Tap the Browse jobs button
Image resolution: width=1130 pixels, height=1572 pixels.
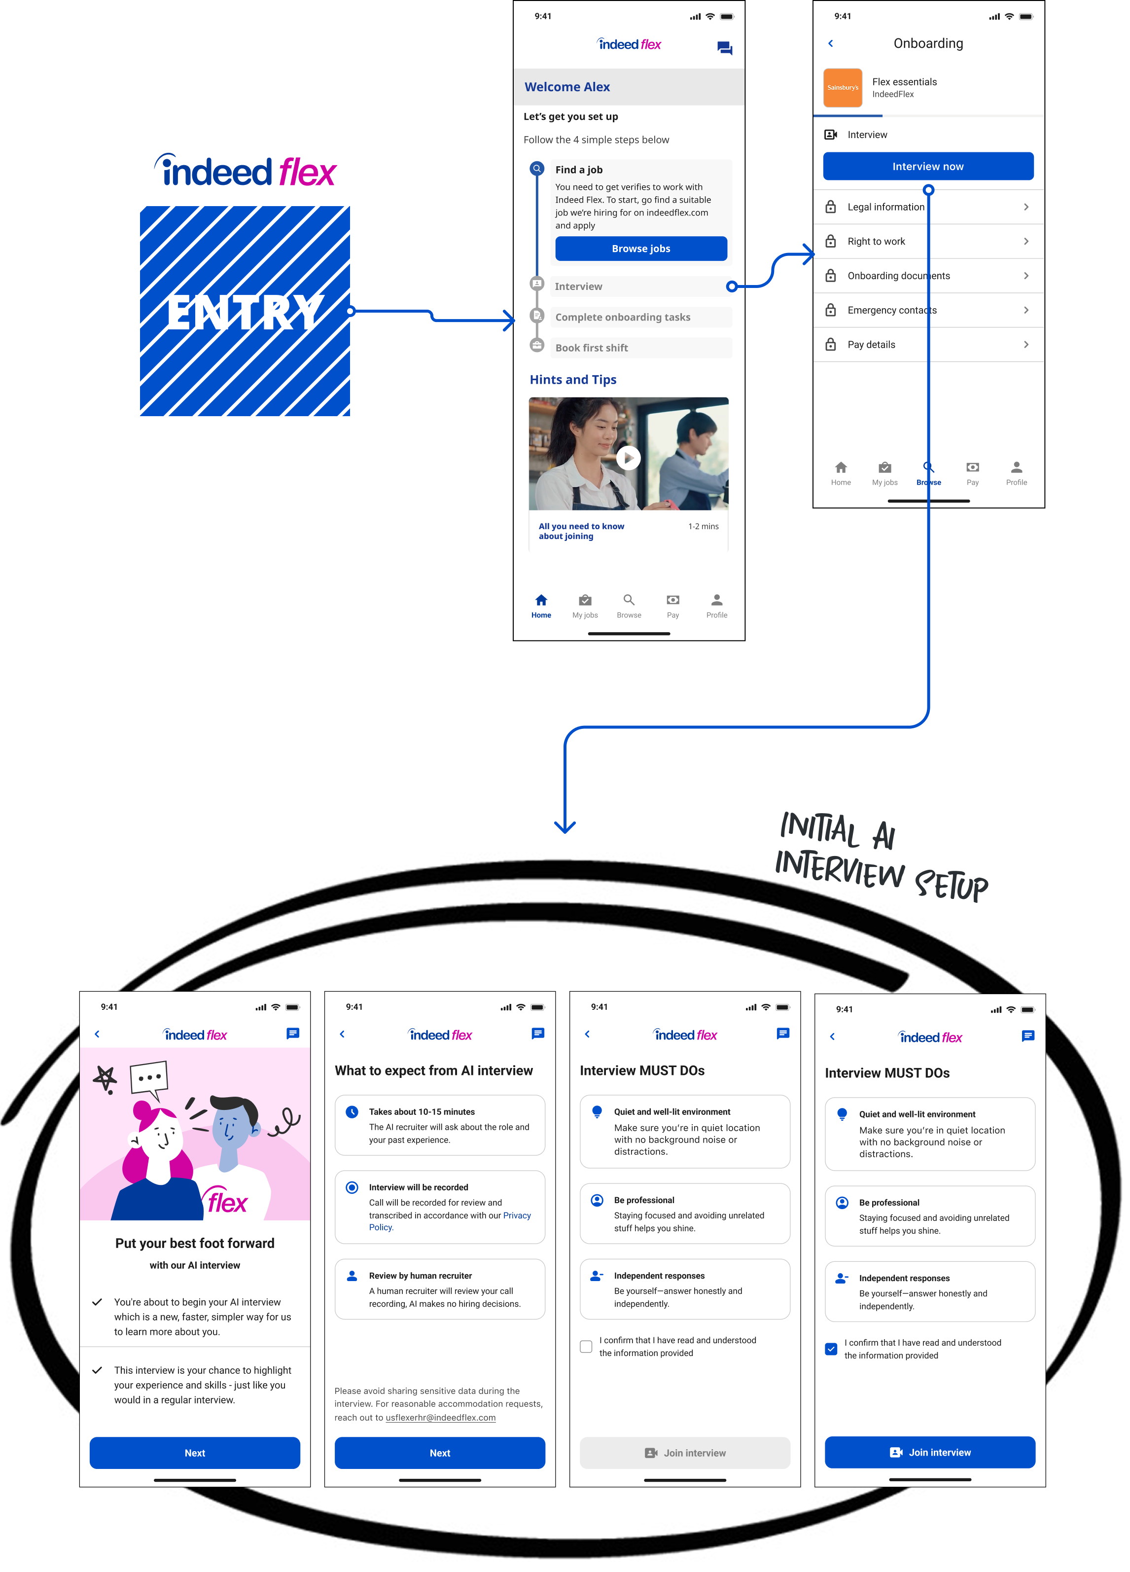pyautogui.click(x=641, y=249)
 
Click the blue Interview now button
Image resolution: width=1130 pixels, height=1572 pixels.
pyautogui.click(x=928, y=167)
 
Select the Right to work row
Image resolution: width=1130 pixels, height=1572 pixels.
pyautogui.click(x=928, y=241)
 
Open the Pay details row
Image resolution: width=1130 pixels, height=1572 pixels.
pyautogui.click(x=928, y=345)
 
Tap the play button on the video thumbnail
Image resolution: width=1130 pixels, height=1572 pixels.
pyautogui.click(x=629, y=458)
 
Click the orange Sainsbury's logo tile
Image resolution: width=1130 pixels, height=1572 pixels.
pyautogui.click(x=843, y=88)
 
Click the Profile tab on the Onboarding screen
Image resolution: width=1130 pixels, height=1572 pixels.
pyautogui.click(x=1017, y=473)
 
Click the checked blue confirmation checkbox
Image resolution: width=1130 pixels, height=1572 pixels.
pyautogui.click(x=831, y=1349)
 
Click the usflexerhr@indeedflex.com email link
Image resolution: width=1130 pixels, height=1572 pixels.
pyautogui.click(x=441, y=1418)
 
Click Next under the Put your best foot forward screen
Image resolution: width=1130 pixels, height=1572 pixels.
pyautogui.click(x=195, y=1453)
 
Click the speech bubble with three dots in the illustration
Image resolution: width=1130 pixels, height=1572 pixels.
pyautogui.click(x=149, y=1078)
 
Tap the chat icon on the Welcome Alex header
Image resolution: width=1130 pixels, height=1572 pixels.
pyautogui.click(x=725, y=48)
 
